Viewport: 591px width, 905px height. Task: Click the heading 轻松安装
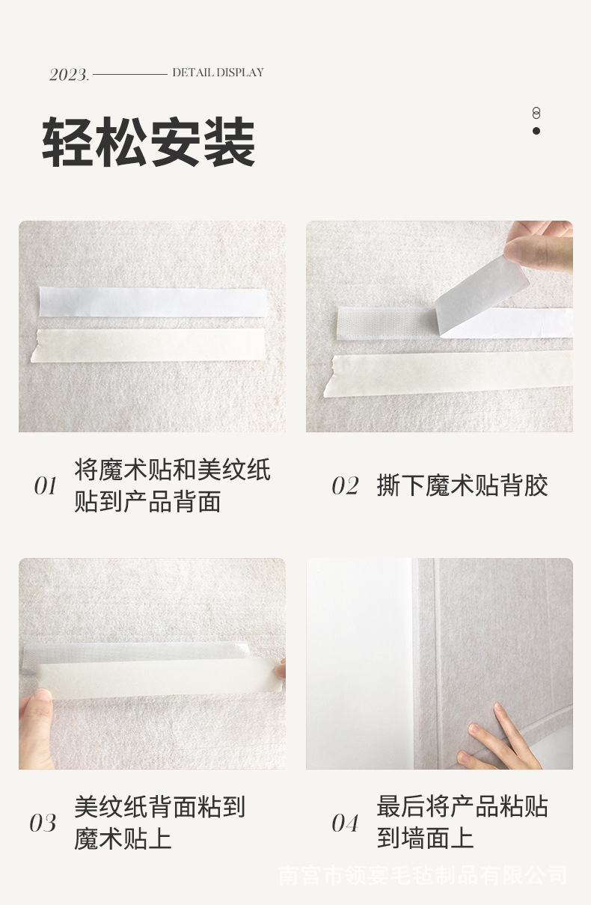click(x=149, y=141)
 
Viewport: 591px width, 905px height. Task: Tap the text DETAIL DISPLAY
click(x=218, y=73)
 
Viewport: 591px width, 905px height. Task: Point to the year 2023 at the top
click(x=69, y=75)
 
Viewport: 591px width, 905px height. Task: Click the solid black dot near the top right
click(x=536, y=130)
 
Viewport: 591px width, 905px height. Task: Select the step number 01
click(x=45, y=485)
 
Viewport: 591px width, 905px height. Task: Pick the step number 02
click(x=345, y=485)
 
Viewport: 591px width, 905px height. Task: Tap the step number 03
click(x=43, y=823)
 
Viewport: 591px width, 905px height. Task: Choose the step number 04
click(x=345, y=823)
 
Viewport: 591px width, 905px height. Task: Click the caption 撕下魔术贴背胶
click(x=462, y=485)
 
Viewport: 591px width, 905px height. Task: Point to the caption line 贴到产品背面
click(x=147, y=501)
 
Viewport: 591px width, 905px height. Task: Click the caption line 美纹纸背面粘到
click(x=159, y=806)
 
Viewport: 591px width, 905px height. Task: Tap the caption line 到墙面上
click(x=425, y=838)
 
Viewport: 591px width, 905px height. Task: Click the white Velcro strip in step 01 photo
click(x=153, y=302)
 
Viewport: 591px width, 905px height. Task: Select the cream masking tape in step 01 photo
click(x=149, y=346)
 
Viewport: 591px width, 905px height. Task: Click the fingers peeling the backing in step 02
click(x=539, y=247)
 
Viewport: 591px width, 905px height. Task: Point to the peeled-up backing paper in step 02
click(x=482, y=289)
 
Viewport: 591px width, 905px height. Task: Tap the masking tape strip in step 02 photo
click(x=448, y=374)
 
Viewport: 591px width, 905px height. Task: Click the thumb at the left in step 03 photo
click(x=37, y=728)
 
